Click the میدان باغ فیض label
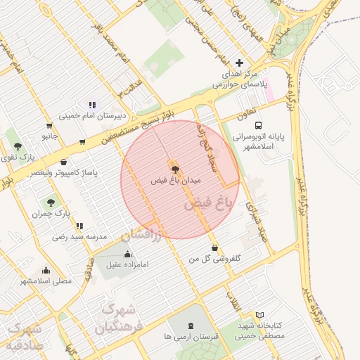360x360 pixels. click(176, 181)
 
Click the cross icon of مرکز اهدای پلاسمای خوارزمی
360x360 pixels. click(240, 63)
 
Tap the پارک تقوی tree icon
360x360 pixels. click(18, 146)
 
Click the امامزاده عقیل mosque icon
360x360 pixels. click(127, 254)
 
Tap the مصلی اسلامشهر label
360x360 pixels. click(45, 281)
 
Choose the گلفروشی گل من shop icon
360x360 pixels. click(214, 248)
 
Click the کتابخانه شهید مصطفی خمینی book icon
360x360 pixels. click(259, 316)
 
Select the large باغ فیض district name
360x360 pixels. click(207, 204)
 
